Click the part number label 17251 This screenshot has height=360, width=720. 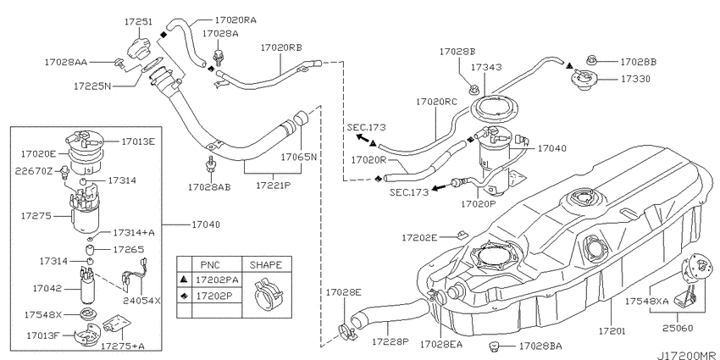138,21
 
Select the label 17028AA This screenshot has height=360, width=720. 66,62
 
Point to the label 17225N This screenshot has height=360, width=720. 92,86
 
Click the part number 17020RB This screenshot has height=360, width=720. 281,47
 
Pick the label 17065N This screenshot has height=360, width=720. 299,157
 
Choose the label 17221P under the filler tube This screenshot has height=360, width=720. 274,186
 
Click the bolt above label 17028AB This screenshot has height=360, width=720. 211,163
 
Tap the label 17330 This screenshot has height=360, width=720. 635,79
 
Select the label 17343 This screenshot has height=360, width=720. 486,67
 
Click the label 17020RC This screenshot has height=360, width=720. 437,102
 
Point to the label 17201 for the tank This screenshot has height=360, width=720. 612,330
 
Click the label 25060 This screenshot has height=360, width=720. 678,328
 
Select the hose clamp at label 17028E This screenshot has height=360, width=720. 346,330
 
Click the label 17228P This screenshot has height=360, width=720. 390,341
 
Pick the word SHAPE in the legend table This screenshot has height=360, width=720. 266,265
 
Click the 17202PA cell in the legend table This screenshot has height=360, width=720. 217,280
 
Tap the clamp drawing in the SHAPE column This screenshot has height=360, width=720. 267,294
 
